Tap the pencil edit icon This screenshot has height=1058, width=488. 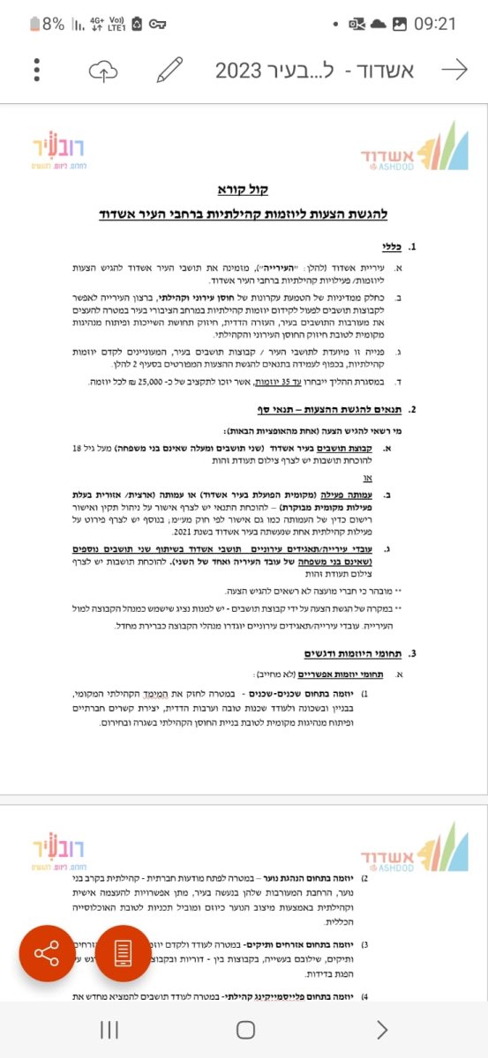169,71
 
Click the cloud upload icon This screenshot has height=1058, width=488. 103,71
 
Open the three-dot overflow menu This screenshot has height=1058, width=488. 36,71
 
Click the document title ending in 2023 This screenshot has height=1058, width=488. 314,71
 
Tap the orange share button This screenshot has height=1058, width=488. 47,953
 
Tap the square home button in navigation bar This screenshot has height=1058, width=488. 245,1029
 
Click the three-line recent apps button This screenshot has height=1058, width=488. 109,1029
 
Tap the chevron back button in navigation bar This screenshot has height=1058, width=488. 381,1029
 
